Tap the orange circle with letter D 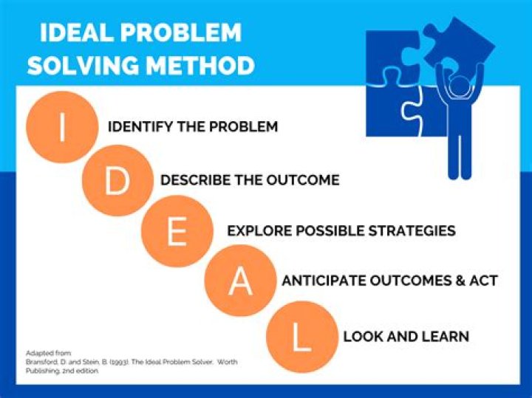pos(117,181)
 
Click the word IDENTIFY pos(140,127)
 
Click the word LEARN pos(445,337)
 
